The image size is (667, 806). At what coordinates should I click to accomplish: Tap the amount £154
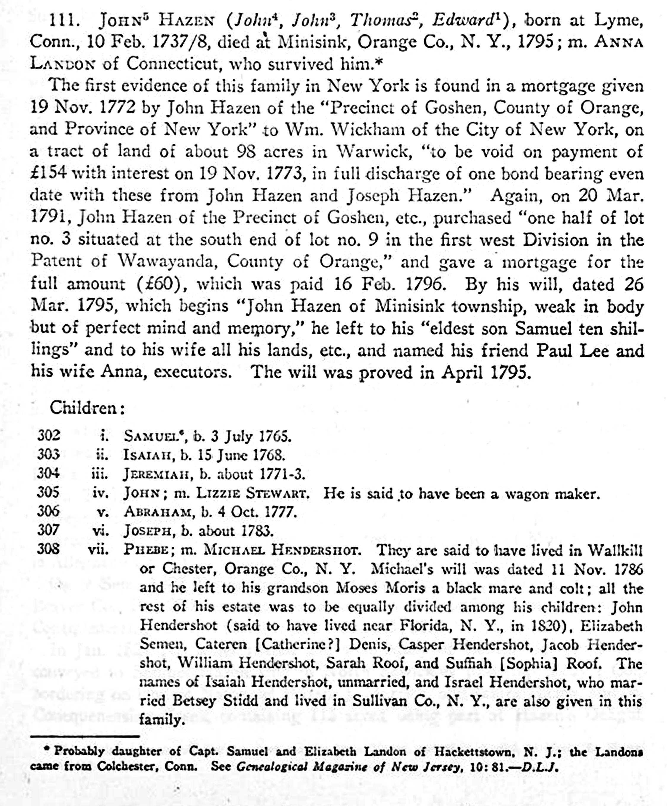(49, 173)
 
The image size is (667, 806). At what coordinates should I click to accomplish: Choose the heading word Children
(83, 408)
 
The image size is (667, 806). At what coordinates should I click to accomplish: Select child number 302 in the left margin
(49, 436)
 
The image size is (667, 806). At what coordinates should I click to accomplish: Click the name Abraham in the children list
(157, 512)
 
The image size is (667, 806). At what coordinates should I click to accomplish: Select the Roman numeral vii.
(98, 550)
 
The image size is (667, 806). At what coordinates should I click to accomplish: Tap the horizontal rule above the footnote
(84, 736)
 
